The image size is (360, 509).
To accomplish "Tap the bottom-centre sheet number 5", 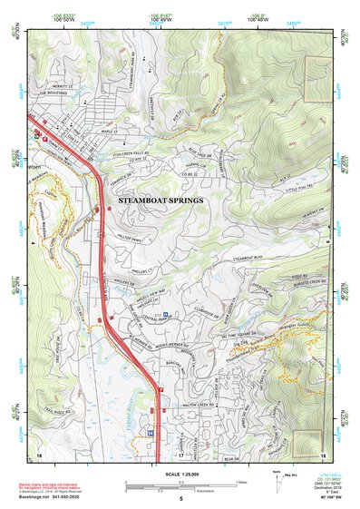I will tap(180, 498).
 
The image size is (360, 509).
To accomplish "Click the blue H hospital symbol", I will tap(166, 316).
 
